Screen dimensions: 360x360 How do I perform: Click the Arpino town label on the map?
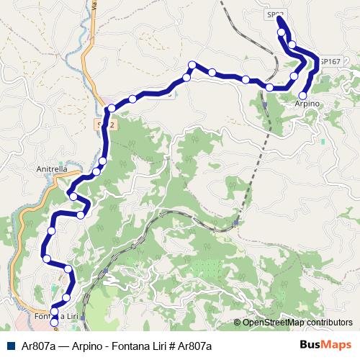pos(307,105)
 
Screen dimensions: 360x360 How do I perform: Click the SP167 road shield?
pos(330,62)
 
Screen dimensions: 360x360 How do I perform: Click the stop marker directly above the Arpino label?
pos(302,95)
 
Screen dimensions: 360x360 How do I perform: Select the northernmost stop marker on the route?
pos(281,32)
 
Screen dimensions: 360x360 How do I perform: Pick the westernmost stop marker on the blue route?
pos(46,258)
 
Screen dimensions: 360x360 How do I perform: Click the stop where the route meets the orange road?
pos(110,109)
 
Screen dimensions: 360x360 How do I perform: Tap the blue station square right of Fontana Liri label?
pos(84,317)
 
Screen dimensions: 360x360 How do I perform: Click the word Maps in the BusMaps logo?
pos(336,346)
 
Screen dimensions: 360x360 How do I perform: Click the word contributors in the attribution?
pos(330,323)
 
